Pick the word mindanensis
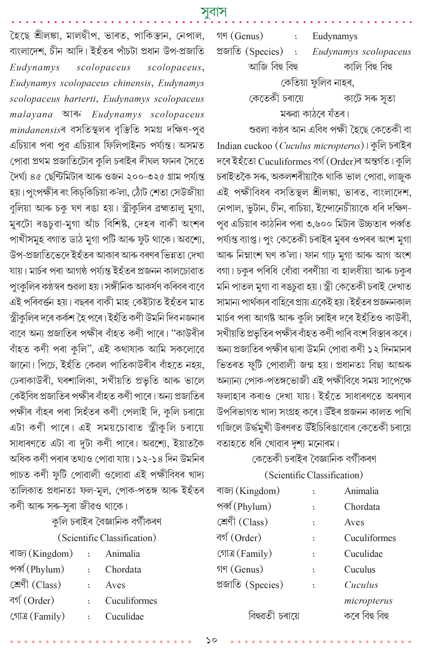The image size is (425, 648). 35,130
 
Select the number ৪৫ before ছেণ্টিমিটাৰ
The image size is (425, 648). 36,177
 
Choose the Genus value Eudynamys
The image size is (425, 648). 335,36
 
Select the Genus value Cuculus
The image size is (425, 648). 359,569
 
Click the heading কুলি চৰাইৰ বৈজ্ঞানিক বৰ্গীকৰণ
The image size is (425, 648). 107,522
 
